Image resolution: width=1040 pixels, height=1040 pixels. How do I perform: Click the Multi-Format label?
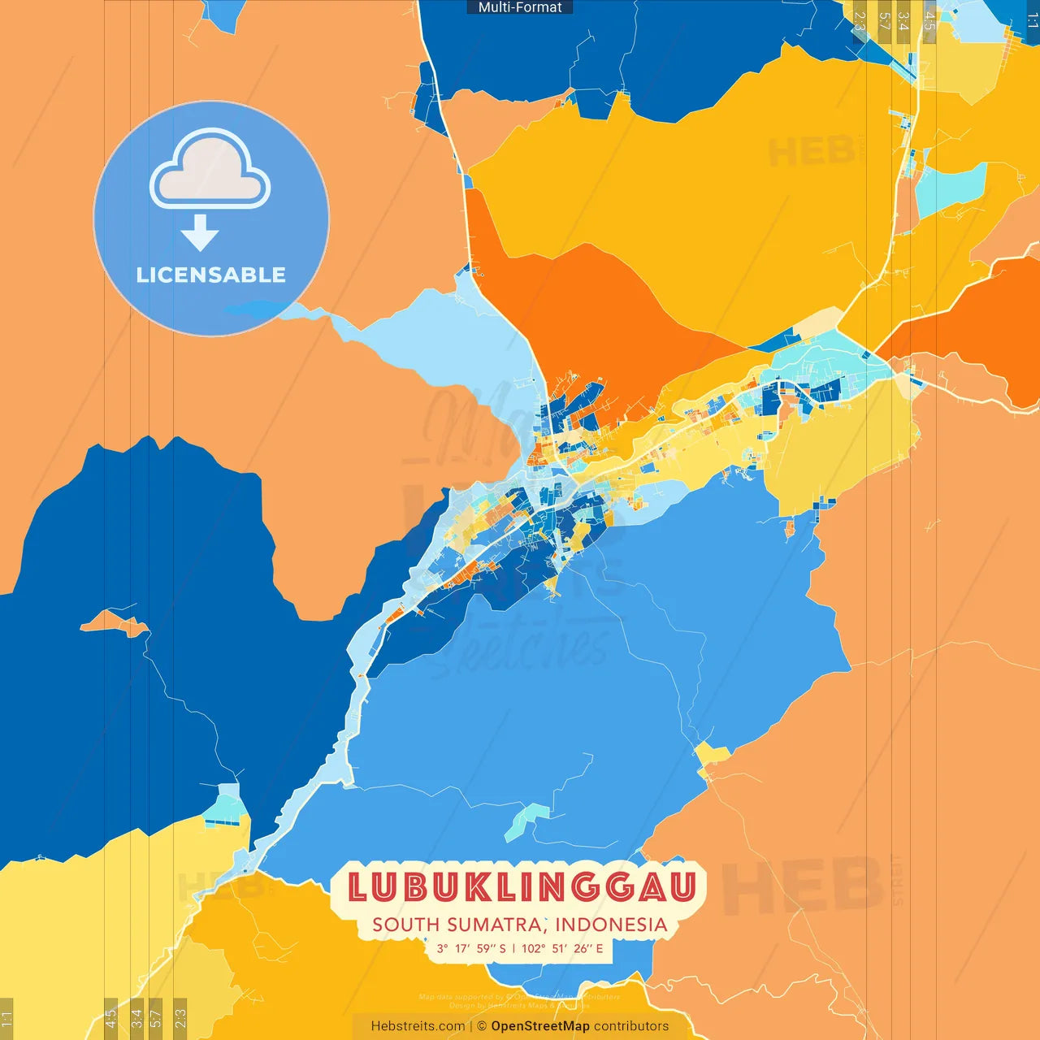520,7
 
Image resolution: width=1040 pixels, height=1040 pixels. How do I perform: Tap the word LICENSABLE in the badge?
211,275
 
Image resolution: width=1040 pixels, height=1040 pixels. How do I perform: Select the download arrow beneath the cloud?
200,234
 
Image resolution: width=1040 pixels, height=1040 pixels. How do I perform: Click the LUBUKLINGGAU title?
522,887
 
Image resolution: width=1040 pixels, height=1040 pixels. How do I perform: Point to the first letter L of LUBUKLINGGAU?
358,887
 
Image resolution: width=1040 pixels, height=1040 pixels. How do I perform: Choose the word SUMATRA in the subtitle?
496,925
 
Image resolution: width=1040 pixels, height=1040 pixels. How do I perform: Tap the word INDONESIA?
611,925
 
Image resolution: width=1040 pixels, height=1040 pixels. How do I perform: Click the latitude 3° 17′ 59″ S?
471,948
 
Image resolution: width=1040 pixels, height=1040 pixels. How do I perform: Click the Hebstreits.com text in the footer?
418,1026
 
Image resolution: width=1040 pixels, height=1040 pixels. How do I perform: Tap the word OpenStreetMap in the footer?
540,1026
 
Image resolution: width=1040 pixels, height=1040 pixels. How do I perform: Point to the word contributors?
631,1026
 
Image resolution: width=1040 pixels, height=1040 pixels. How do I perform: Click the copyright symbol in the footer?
482,1026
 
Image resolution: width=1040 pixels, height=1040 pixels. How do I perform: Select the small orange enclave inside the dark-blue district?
114,625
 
